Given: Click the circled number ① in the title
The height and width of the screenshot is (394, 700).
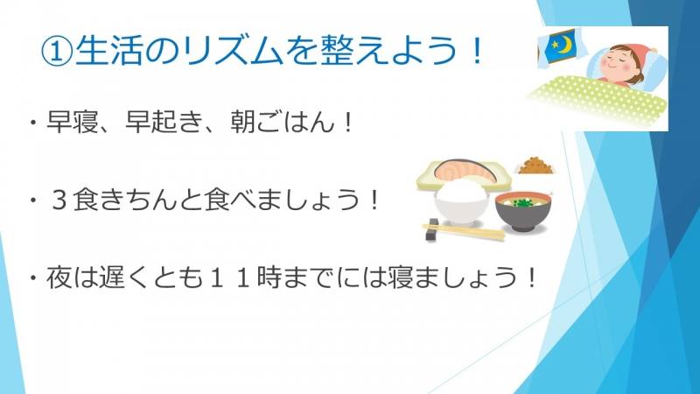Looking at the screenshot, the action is click(57, 50).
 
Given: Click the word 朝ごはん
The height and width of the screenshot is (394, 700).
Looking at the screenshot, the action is click(283, 121).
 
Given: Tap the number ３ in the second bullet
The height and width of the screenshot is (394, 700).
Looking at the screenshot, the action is click(59, 200).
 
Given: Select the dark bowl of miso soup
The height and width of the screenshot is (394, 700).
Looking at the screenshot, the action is click(523, 211).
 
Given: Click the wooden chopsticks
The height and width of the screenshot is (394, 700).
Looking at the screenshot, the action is click(465, 231).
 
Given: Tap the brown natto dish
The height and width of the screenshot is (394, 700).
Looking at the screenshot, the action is click(535, 165).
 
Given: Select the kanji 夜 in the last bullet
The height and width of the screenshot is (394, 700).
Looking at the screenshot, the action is click(59, 278).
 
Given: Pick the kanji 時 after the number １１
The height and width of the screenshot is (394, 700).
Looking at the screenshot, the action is click(269, 278).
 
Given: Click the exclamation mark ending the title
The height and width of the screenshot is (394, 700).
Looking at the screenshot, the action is click(477, 50).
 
